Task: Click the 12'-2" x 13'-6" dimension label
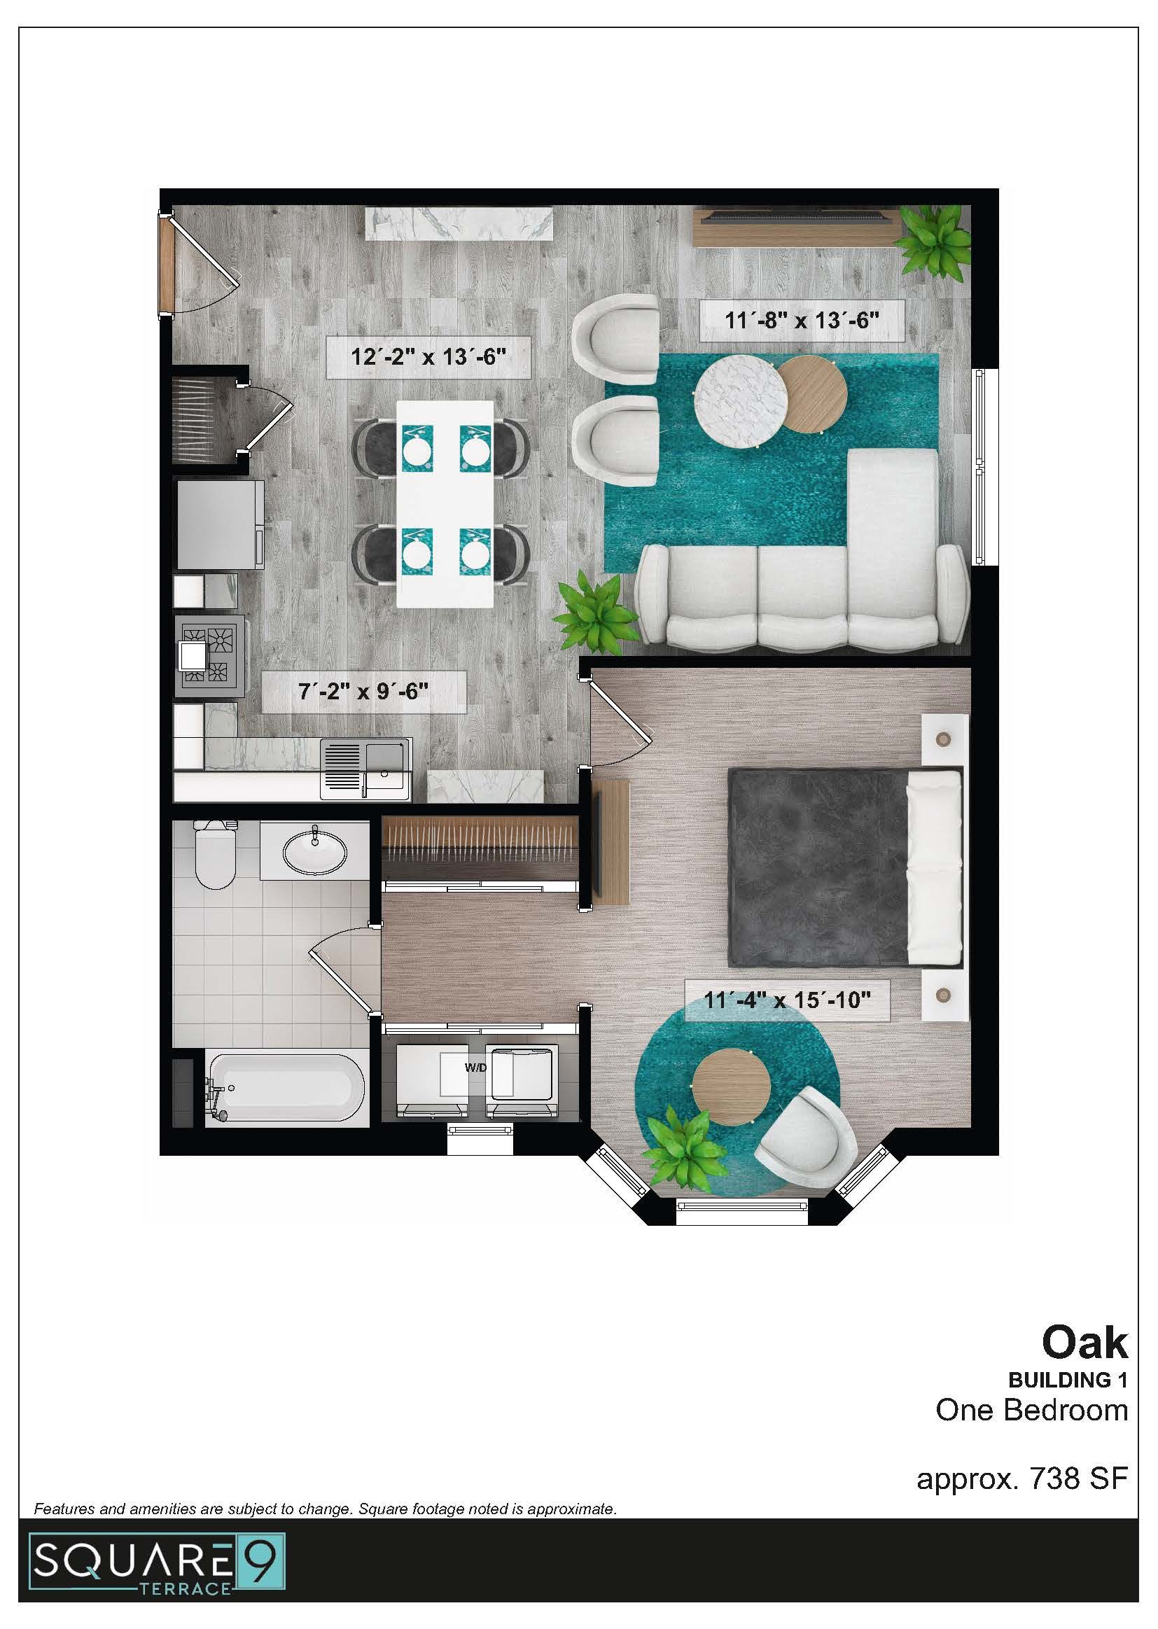(428, 356)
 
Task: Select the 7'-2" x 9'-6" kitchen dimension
(363, 691)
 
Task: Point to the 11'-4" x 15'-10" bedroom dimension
(787, 1000)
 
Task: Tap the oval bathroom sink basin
(314, 849)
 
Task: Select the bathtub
(286, 1089)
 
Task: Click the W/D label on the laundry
(475, 1068)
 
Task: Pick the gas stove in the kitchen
(210, 654)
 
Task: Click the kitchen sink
(365, 769)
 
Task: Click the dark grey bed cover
(817, 867)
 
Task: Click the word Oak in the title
(1084, 1343)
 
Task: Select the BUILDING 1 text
(1067, 1380)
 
